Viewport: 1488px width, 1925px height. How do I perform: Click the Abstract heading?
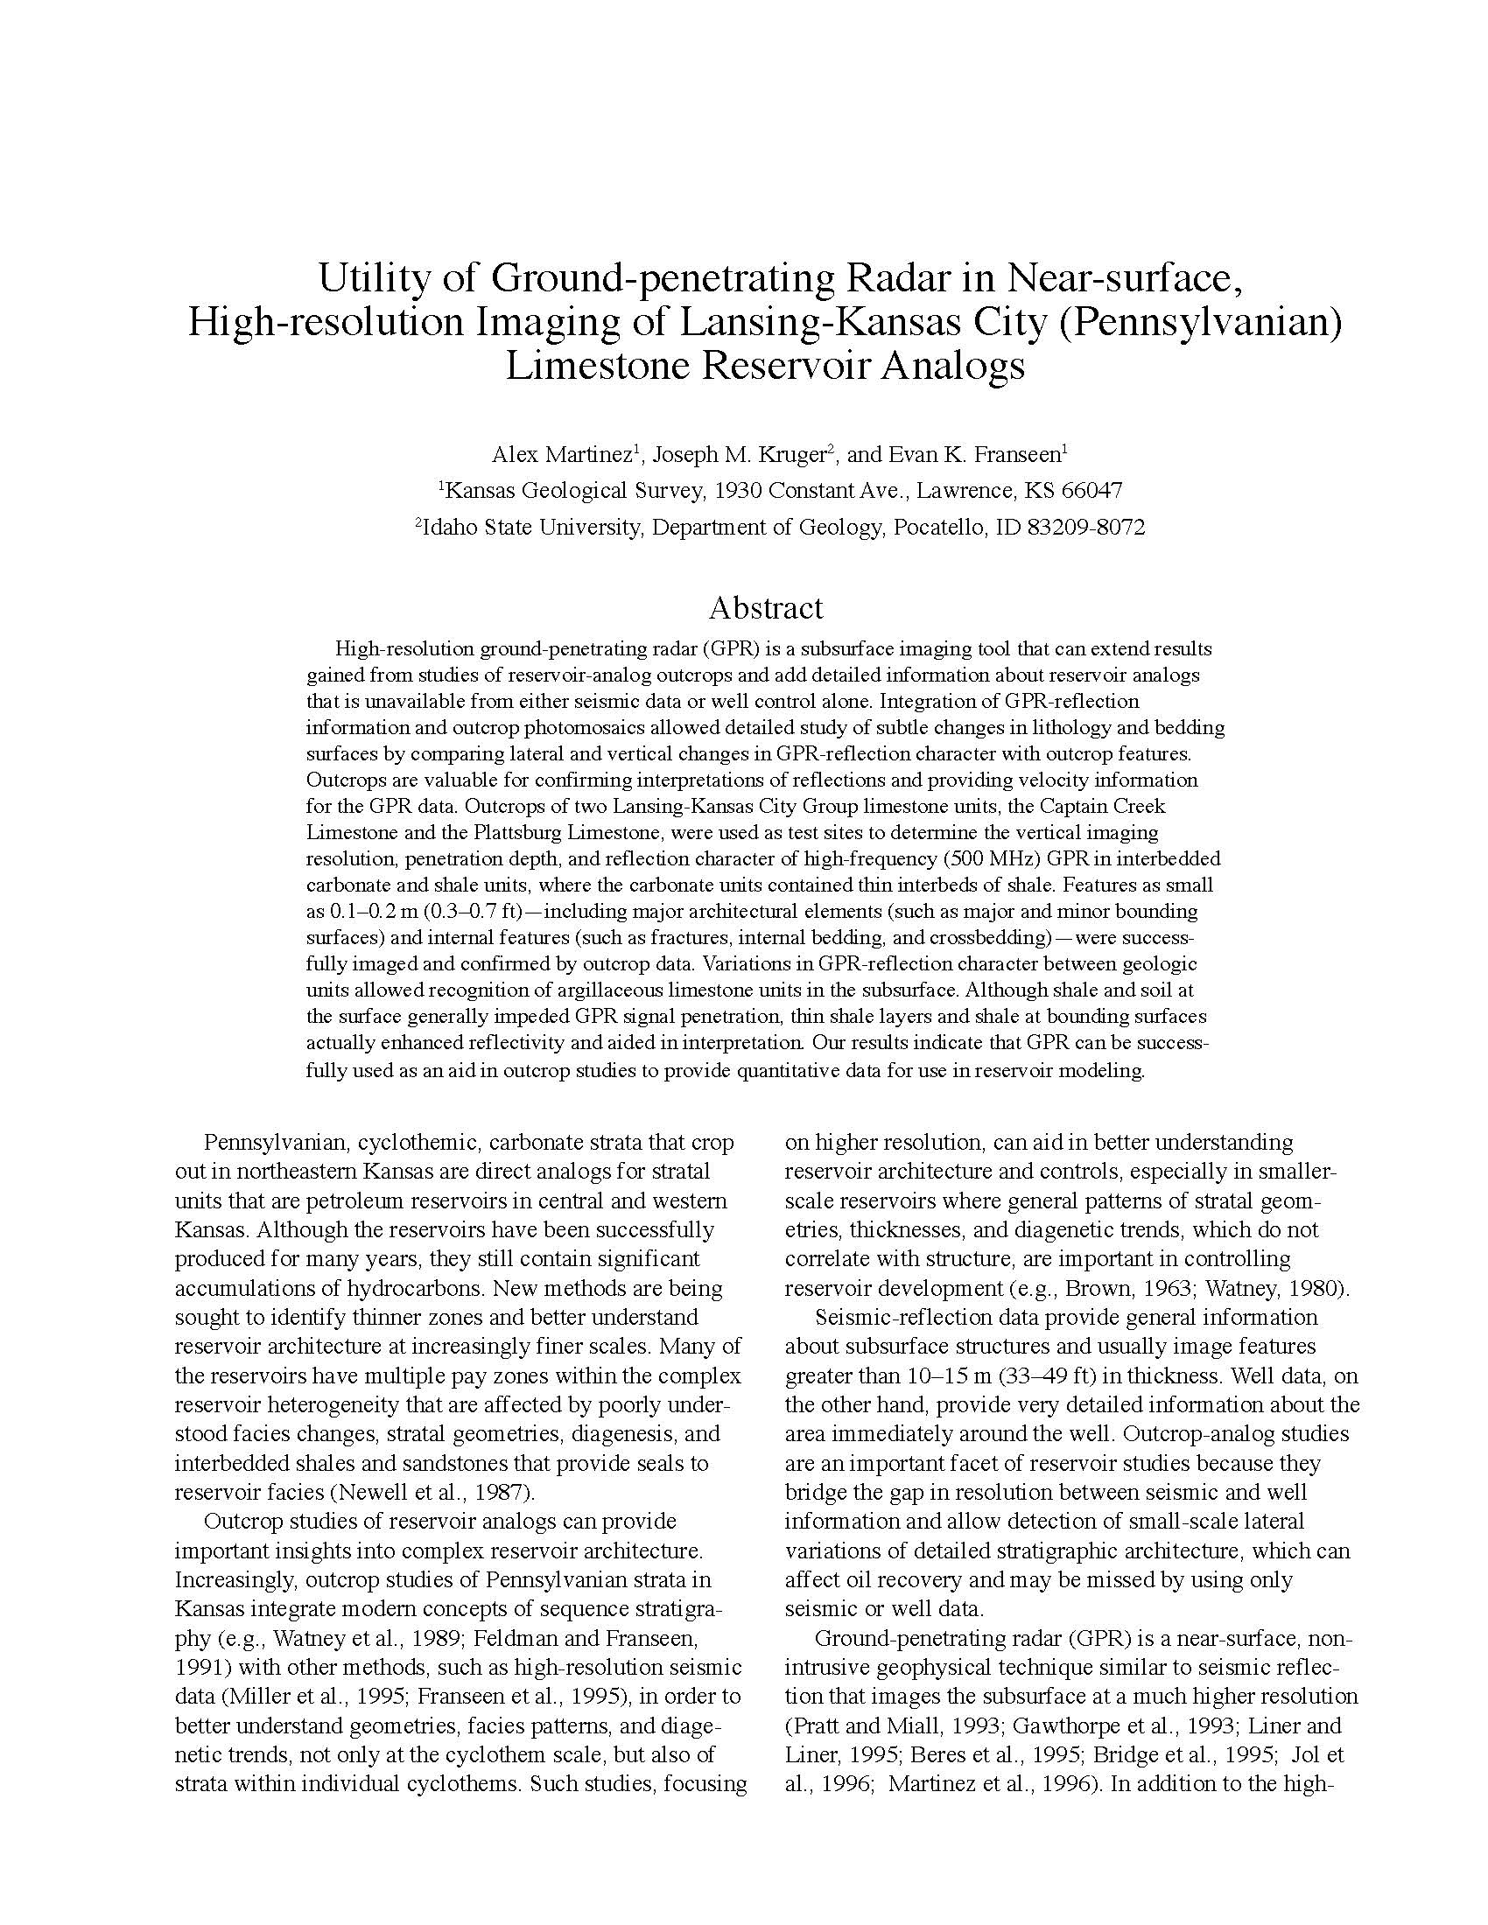(x=765, y=608)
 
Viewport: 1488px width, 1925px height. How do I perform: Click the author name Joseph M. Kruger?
(x=740, y=455)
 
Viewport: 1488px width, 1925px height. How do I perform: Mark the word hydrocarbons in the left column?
(x=414, y=1289)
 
